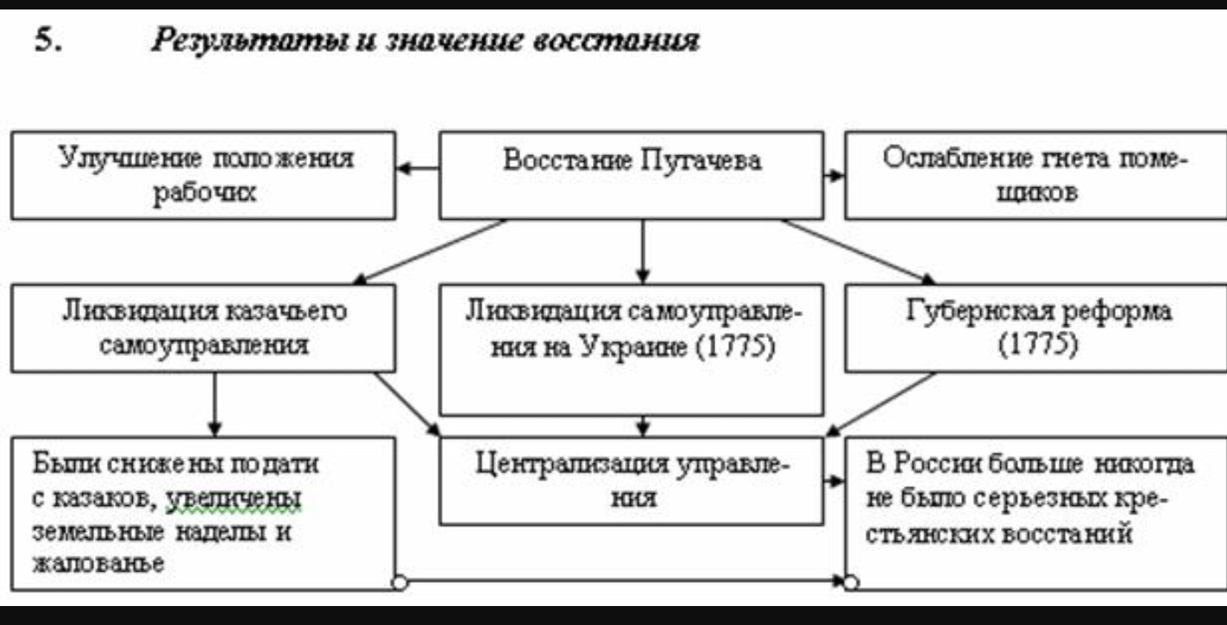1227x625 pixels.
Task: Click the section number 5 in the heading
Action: [47, 40]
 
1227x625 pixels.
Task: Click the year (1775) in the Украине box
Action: [736, 347]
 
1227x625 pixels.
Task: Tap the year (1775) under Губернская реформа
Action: [1038, 345]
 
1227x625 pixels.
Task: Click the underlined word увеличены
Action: [233, 499]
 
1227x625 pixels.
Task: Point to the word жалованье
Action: [98, 563]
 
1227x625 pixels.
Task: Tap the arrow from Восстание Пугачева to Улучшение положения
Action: [418, 168]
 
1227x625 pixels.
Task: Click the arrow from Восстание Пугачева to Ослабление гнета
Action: [834, 175]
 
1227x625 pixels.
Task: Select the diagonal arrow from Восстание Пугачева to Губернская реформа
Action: [859, 252]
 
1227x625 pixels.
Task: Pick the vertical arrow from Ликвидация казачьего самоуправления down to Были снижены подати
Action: [215, 405]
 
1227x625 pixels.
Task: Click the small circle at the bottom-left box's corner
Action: [400, 583]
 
